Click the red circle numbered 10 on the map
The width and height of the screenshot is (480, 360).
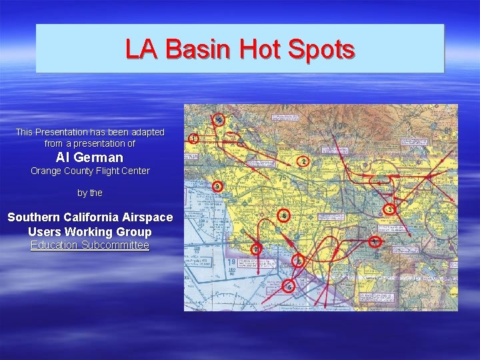click(219, 121)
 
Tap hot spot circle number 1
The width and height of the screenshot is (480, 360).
click(193, 139)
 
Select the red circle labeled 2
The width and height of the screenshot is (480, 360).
click(304, 162)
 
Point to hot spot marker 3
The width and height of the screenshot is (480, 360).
click(390, 209)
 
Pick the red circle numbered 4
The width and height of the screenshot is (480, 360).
click(284, 216)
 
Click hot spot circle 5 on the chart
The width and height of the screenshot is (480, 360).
click(218, 187)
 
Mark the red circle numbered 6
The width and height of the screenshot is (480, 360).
click(289, 287)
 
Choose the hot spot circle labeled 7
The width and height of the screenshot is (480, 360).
click(256, 250)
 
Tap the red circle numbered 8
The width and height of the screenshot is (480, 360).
click(375, 241)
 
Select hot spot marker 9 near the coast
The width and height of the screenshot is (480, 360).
click(299, 262)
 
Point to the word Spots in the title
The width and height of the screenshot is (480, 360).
click(324, 49)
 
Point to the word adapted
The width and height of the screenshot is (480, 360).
click(146, 132)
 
